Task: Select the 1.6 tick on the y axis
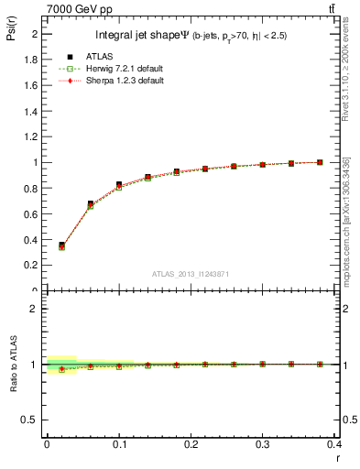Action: pyautogui.click(x=33, y=85)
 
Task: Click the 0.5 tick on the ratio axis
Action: pyautogui.click(x=33, y=420)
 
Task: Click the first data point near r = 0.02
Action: pyautogui.click(x=61, y=245)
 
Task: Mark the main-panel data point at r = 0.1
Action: pyautogui.click(x=119, y=185)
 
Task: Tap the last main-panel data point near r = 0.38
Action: pyautogui.click(x=320, y=162)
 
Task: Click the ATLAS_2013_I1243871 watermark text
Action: pyautogui.click(x=190, y=274)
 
